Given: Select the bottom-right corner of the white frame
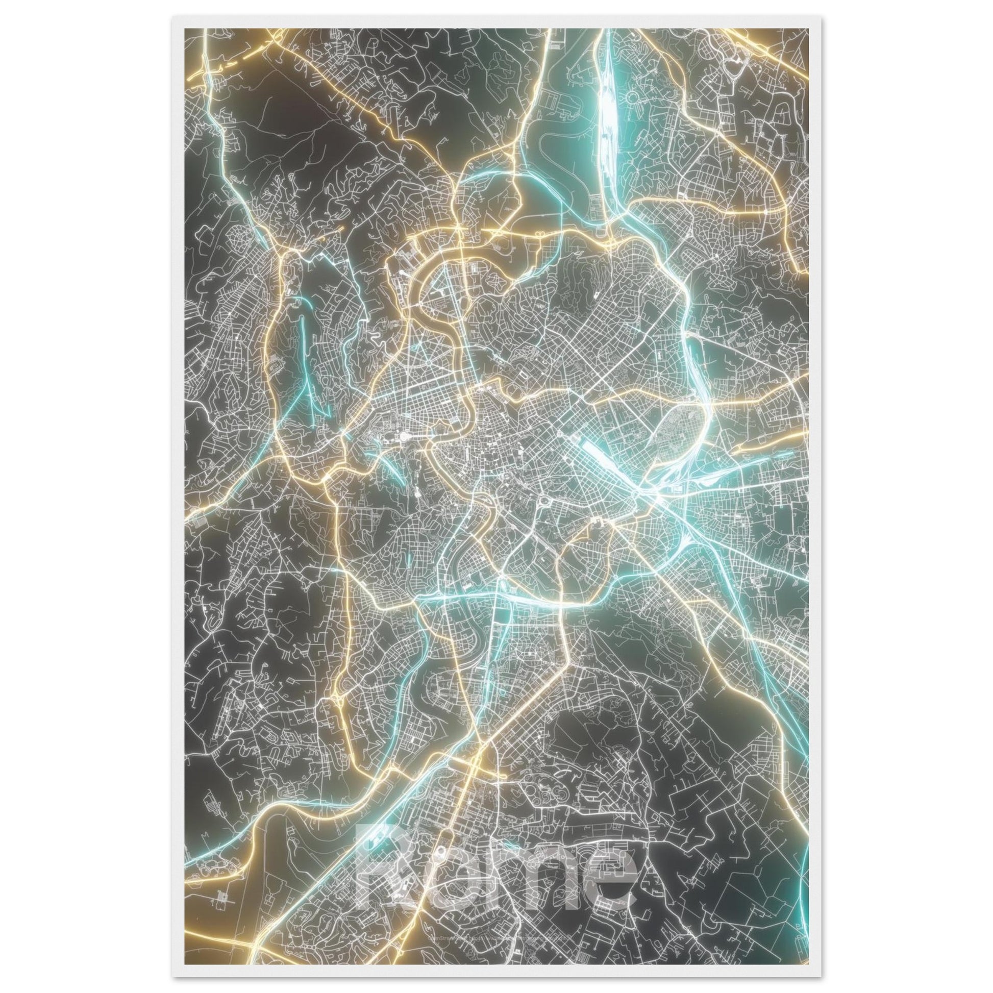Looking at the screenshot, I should pyautogui.click(x=821, y=977).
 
